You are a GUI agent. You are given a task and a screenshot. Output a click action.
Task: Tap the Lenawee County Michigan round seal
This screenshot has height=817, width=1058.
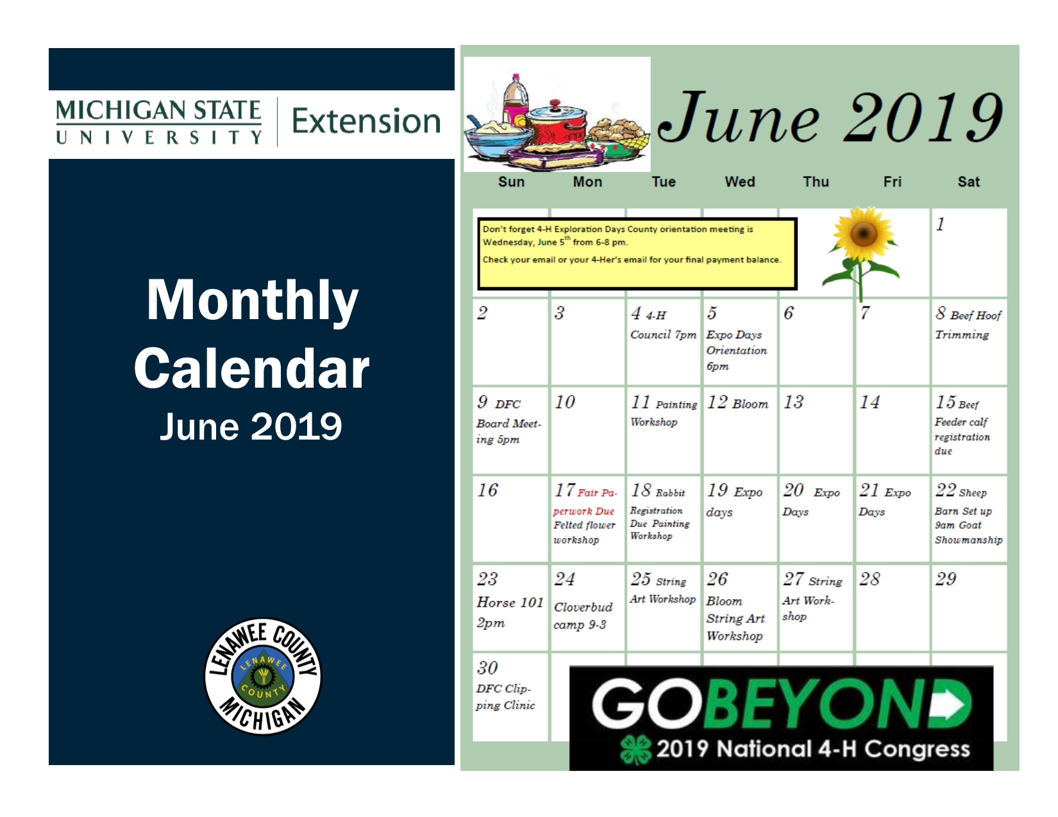[x=263, y=676]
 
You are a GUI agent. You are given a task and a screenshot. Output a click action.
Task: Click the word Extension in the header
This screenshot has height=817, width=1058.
[x=366, y=121]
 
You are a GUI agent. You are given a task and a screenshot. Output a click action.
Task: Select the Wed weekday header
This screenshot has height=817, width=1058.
[x=739, y=182]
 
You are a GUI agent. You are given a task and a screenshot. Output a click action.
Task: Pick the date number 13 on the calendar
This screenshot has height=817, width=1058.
[x=793, y=402]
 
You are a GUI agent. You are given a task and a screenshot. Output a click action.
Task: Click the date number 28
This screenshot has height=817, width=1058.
[x=869, y=579]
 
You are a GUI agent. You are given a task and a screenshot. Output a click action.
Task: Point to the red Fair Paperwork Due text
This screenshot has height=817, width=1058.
[x=585, y=502]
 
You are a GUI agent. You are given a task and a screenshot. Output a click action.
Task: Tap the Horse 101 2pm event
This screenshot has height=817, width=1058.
[x=509, y=612]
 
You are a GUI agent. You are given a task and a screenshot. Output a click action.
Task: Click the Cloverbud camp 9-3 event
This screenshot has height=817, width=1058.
[x=583, y=615]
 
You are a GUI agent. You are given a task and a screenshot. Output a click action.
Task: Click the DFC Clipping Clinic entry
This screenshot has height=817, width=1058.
[x=505, y=697]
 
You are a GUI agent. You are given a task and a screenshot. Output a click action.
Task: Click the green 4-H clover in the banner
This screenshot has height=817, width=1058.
[x=635, y=750]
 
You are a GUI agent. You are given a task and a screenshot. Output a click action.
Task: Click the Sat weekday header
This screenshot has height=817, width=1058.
[x=968, y=182]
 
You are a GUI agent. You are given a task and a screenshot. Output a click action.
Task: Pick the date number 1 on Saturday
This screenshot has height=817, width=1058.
[x=940, y=224]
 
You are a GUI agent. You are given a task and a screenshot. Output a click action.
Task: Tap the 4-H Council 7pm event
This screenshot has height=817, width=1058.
[x=663, y=325]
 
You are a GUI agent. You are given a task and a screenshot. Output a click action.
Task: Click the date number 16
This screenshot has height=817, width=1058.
[x=487, y=491]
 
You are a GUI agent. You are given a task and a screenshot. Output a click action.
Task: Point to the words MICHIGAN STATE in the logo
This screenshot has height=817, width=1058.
[x=158, y=110]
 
